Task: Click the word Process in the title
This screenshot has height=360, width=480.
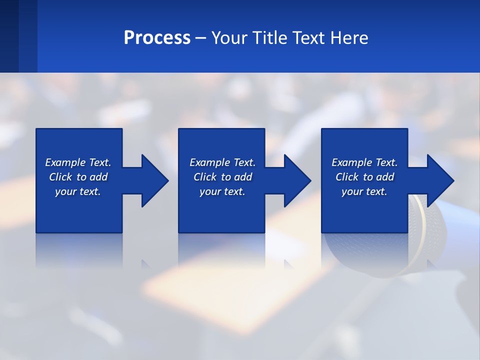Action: [157, 38]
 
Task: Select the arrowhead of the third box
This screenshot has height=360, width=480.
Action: [439, 180]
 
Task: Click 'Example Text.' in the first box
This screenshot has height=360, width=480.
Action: [78, 162]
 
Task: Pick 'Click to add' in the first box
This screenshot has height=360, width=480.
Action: [78, 177]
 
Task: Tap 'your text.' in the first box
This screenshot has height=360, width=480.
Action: [78, 191]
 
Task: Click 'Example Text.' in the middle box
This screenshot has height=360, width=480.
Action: [222, 162]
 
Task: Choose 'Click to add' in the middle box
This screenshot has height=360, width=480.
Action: [222, 177]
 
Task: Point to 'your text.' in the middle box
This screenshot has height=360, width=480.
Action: [222, 191]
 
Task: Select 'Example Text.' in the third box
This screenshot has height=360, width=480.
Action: [364, 162]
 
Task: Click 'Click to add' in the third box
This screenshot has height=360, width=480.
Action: [364, 177]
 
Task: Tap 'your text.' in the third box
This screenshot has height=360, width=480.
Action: [364, 191]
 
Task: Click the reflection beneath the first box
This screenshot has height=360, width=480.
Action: [79, 250]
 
